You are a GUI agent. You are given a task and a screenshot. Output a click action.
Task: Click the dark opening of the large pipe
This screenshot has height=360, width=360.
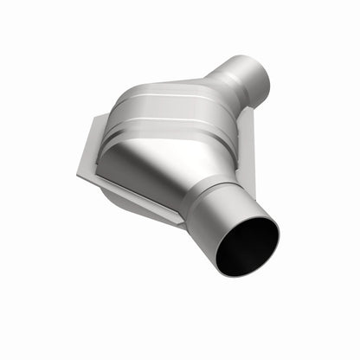[248, 247]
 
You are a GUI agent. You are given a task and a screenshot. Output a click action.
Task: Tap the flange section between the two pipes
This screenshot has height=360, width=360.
[246, 147]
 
